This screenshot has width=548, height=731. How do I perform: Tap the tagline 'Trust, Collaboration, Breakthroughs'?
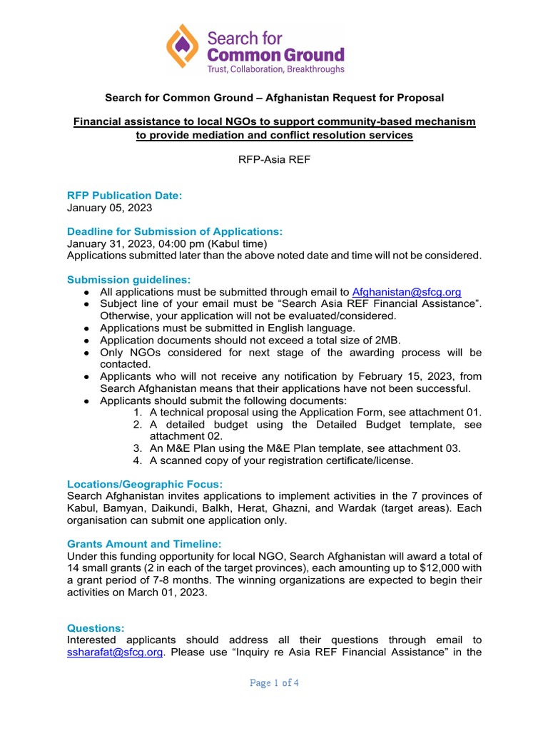[275, 69]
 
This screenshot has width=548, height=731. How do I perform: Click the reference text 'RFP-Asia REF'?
[274, 160]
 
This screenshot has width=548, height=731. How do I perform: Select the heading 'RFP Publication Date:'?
[125, 195]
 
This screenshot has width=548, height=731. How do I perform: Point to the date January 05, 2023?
[109, 208]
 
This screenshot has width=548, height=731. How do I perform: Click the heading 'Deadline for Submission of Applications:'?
[175, 231]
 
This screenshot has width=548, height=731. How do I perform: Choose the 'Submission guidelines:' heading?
[128, 279]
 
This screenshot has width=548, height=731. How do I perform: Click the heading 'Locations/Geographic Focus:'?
[145, 484]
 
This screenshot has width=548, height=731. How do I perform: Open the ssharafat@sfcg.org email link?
[115, 652]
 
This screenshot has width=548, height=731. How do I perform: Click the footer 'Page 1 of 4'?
[274, 683]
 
